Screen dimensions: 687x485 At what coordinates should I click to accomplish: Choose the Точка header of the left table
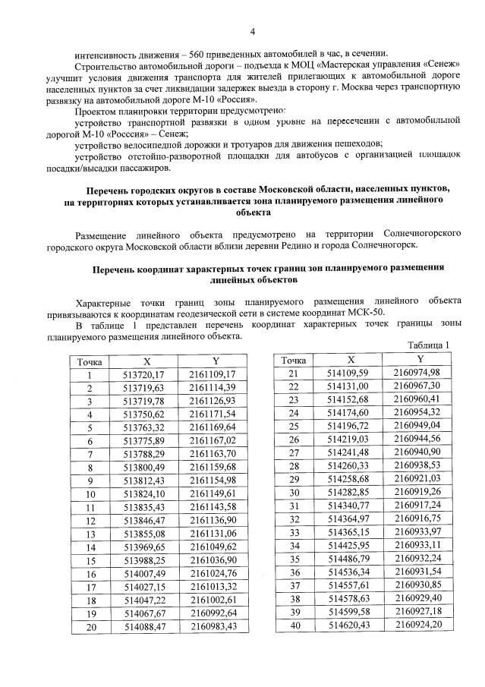(x=90, y=361)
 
